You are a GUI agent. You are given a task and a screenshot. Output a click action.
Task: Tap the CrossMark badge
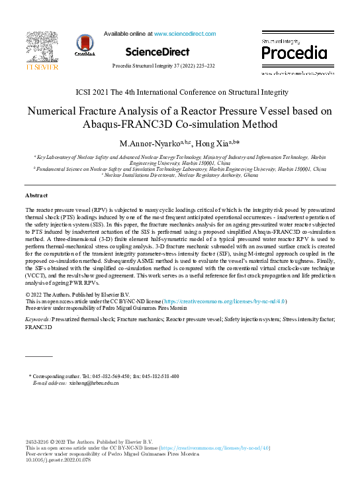(x=85, y=45)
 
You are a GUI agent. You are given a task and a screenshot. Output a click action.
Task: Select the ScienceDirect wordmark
(x=157, y=52)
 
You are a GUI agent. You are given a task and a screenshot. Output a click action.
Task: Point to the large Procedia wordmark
(x=294, y=53)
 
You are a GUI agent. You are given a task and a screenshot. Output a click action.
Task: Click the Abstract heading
(x=38, y=196)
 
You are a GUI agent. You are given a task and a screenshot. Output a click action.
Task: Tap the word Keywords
(x=37, y=319)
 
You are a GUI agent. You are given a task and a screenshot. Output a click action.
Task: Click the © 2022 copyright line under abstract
(x=77, y=294)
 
